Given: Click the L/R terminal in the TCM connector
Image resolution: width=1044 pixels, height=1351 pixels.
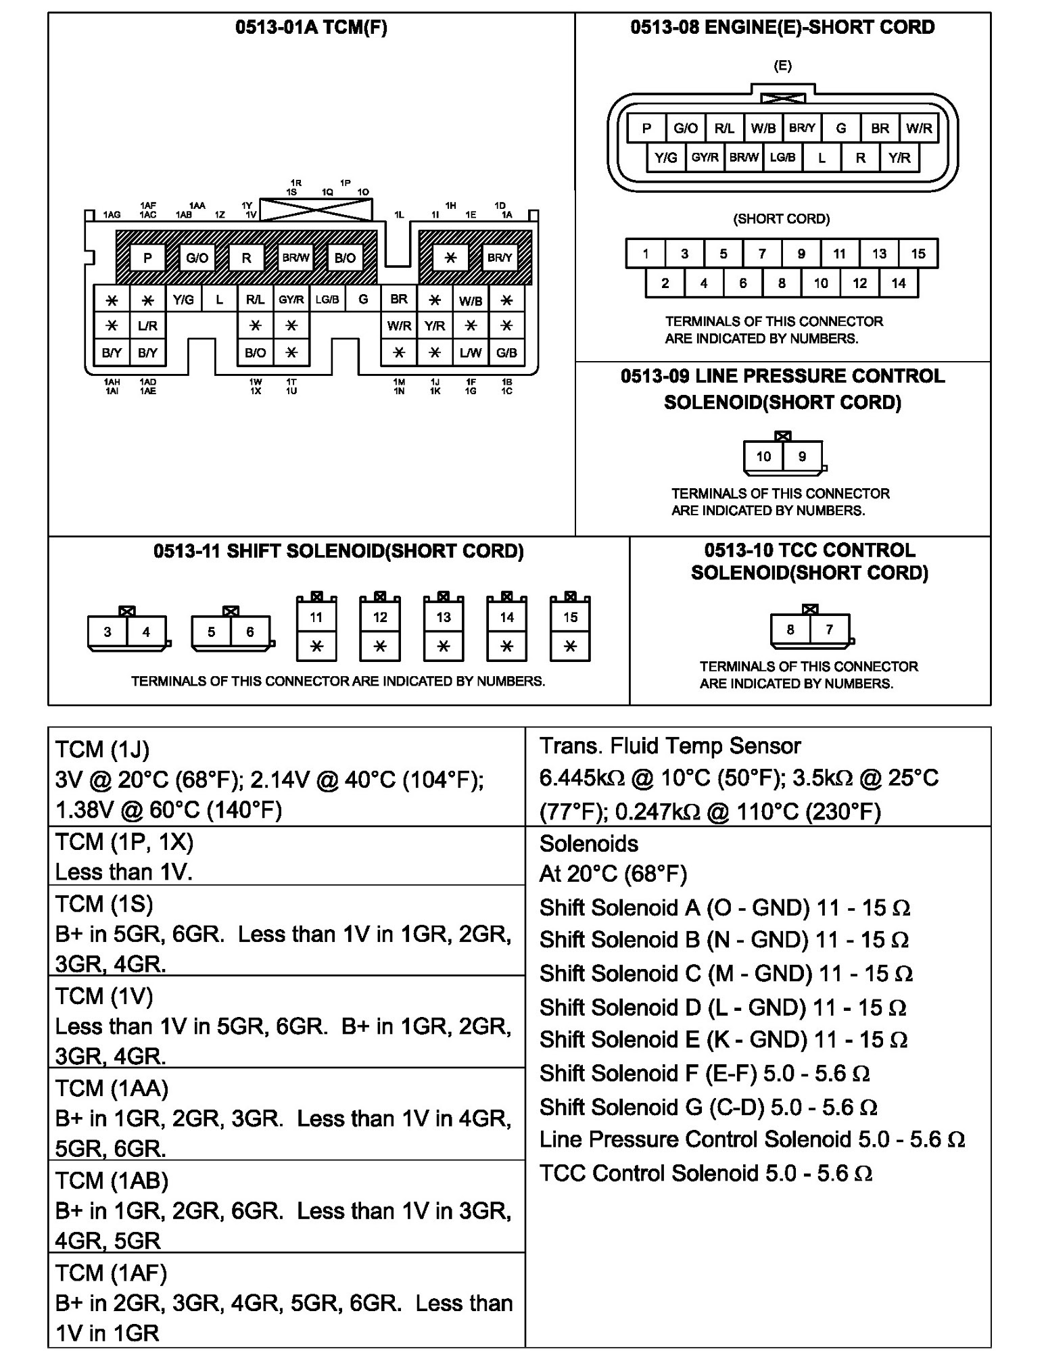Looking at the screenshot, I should pos(147,326).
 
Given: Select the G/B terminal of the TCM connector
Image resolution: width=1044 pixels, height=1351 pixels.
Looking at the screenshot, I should pos(506,352).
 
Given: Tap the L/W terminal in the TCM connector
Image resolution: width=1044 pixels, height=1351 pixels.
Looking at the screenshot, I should pos(471,352).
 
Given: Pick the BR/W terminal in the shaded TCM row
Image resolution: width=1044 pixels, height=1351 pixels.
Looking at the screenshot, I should pos(295,258).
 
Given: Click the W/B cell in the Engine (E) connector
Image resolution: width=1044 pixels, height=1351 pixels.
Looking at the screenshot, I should pos(763,128).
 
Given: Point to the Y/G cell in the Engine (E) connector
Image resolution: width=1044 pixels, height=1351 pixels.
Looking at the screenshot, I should pos(665,158).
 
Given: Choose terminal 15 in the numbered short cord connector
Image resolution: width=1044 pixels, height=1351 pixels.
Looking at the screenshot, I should pos(918,254).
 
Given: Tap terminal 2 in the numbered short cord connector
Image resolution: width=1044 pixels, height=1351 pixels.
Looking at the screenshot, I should pos(665,283).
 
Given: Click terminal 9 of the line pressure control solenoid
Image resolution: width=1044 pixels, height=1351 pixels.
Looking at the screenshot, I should pos(802,456).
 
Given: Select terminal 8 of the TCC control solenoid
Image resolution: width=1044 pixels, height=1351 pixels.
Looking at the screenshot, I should pos(790,630).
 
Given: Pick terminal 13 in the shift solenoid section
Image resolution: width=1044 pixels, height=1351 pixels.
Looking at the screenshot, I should pos(443,617).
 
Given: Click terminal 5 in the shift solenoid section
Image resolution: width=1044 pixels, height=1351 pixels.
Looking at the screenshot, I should pos(211,632).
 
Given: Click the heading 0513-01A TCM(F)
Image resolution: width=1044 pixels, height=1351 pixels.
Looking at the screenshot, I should pos(311,28).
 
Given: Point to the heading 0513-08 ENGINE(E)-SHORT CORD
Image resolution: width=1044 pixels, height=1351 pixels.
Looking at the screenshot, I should pos(782,28).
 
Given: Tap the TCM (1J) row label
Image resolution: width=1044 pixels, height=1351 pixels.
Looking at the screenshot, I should pos(102,749).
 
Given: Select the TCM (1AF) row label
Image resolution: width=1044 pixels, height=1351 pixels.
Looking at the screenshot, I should pos(111,1273).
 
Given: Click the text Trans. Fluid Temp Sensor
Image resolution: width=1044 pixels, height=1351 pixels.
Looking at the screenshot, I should pos(669,746).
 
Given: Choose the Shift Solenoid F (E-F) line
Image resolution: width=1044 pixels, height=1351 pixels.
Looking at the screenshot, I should pos(704,1073).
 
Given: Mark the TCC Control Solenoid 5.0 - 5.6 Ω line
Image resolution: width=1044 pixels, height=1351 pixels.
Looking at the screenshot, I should pos(705,1172).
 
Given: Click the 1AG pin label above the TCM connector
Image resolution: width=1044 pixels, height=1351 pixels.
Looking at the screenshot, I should pos(112,215).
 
